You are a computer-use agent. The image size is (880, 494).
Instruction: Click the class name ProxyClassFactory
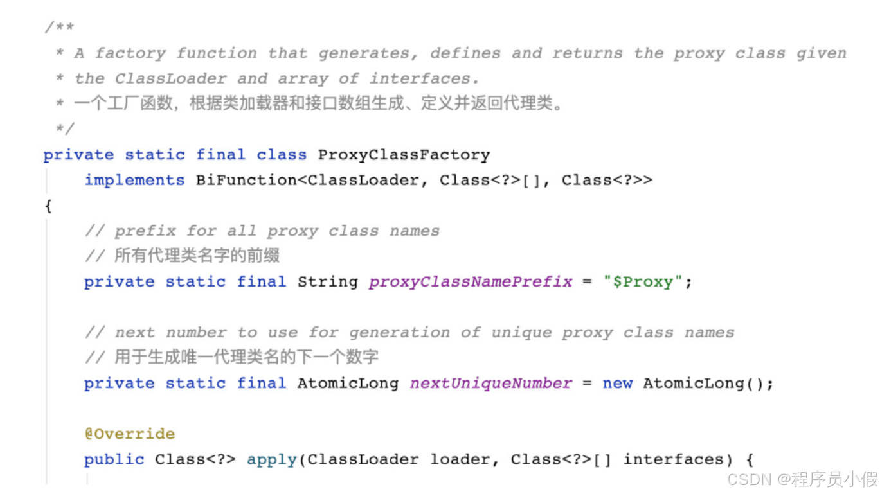[x=404, y=155]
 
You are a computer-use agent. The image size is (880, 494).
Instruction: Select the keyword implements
[x=134, y=181]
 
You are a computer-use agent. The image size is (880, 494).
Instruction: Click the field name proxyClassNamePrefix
[x=471, y=282]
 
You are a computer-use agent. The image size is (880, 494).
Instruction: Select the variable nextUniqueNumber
[x=491, y=384]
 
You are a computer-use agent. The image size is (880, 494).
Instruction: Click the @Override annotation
[x=129, y=434]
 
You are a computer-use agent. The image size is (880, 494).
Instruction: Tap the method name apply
[x=272, y=460]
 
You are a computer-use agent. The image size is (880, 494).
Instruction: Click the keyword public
[x=114, y=460]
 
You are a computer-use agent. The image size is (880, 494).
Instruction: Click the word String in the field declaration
[x=327, y=282]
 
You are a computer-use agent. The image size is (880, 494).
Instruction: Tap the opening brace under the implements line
[x=48, y=206]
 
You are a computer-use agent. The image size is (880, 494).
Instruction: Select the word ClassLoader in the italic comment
[x=170, y=79]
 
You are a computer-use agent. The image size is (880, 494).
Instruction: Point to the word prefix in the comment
[x=145, y=231]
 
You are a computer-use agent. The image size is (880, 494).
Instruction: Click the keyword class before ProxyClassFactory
[x=282, y=155]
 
